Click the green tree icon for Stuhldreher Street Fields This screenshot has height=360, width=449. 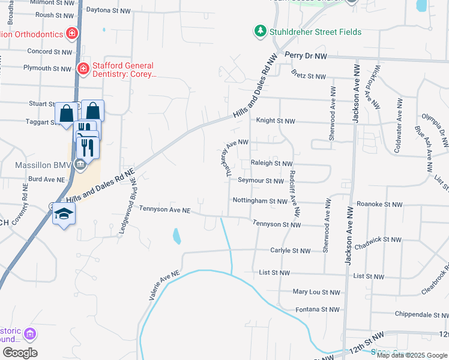260,31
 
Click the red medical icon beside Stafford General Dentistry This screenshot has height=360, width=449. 83,69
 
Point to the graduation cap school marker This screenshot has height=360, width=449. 64,214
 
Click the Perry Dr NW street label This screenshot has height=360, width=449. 306,55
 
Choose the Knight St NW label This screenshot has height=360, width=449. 276,121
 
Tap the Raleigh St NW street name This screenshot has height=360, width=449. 271,163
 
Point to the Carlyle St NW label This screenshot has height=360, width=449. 290,251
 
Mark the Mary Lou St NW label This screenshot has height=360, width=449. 316,292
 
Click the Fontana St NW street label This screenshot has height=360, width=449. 318,310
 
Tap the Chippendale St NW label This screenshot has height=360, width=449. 421,314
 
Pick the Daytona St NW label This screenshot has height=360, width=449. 108,11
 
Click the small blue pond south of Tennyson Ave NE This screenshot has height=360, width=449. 176,236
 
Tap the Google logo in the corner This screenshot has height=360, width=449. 20,353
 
